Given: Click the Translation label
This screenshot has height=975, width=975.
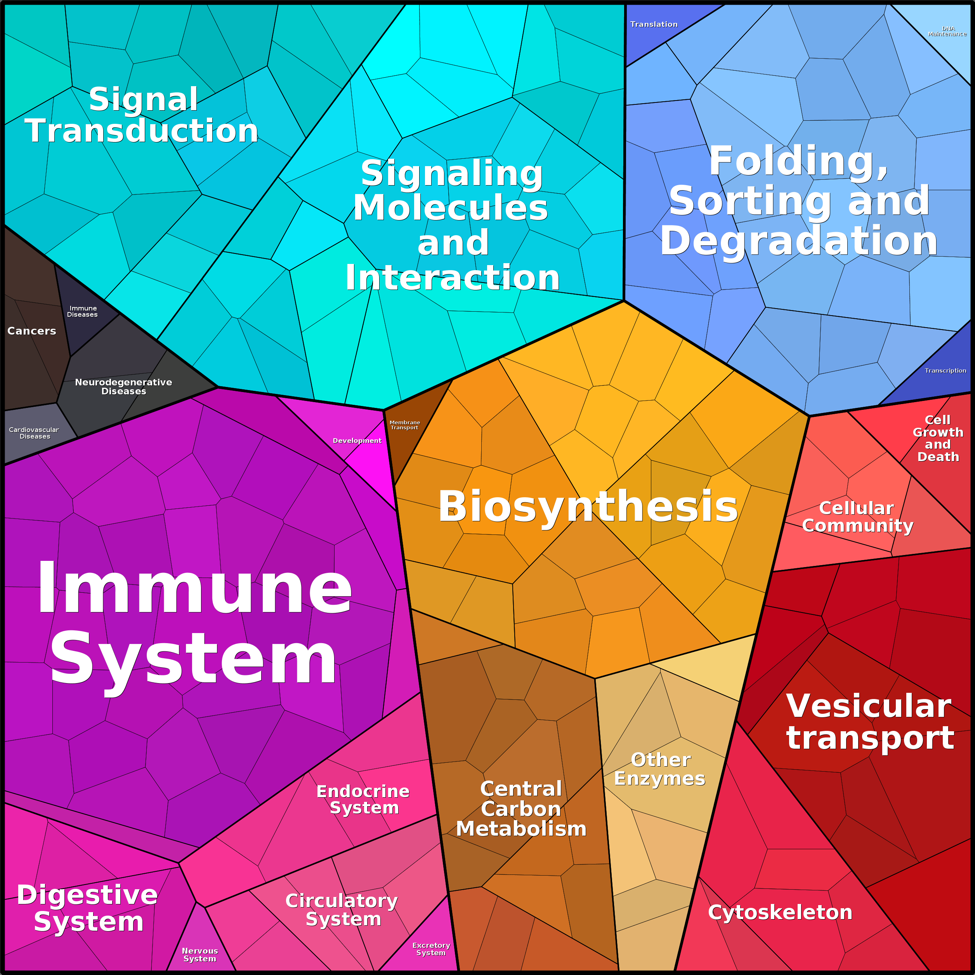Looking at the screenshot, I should pos(654,24).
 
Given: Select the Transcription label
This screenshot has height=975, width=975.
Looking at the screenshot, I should pos(945,370).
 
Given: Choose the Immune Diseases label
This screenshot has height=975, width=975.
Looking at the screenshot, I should pos(83,311).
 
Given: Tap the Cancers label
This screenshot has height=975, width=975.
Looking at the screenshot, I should pos(31,331).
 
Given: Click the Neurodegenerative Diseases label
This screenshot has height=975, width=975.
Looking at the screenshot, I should pos(124,387).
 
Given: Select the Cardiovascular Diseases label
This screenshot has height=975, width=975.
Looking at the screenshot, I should pos(34,433).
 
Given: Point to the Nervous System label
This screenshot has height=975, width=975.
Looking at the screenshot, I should pos(200,955).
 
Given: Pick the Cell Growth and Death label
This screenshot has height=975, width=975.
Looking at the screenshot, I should pos(938,438).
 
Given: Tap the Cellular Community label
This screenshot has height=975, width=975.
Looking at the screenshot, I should pos(857,517).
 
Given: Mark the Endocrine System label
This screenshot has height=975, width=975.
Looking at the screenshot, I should pos(363,800).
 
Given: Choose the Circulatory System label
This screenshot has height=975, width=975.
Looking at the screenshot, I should pos(342,909).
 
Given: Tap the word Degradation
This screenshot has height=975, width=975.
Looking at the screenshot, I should pos(798,241).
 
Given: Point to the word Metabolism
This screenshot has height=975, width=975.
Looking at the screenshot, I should pos(521,829).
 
